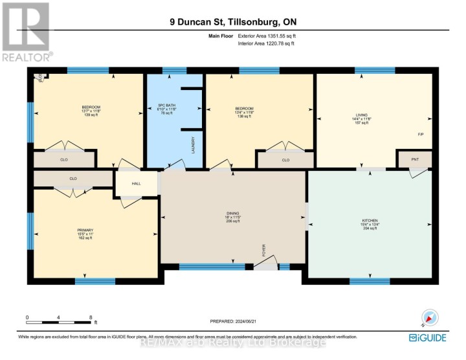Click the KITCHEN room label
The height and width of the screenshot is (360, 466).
(x=370, y=220)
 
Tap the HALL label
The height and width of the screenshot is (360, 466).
(x=137, y=184)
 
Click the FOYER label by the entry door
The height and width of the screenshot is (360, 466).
(x=263, y=250)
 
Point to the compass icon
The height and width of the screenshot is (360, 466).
(x=430, y=317)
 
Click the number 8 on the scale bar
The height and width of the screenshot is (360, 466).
(x=91, y=316)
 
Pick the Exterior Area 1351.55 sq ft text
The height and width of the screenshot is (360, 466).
(x=267, y=37)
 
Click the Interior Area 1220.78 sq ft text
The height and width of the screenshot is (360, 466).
(x=267, y=43)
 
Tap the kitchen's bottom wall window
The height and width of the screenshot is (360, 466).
(x=370, y=281)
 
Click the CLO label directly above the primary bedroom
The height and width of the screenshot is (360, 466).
(x=73, y=178)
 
